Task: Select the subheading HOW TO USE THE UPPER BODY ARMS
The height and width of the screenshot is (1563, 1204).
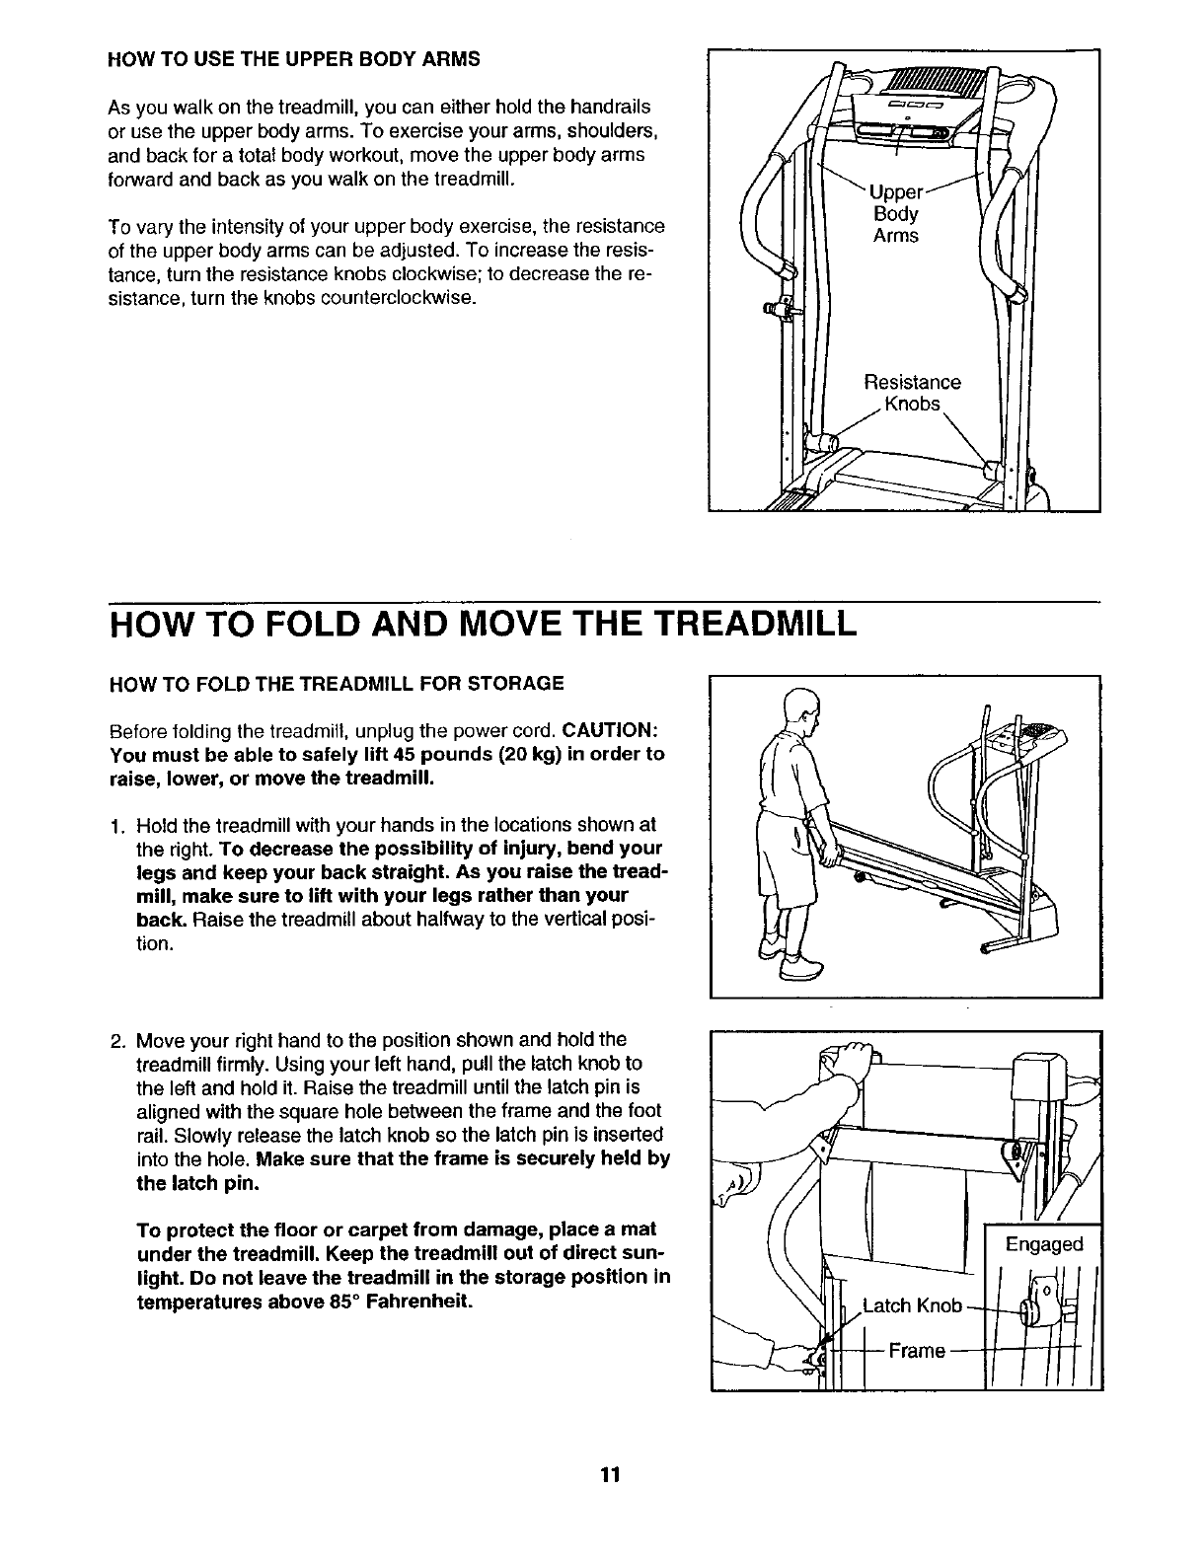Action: [293, 58]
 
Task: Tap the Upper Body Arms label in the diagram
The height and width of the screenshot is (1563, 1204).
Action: [895, 213]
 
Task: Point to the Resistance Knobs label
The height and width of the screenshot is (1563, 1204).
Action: [911, 393]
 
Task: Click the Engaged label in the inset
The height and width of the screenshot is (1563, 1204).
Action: [1043, 1243]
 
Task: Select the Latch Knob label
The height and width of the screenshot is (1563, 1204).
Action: [912, 1305]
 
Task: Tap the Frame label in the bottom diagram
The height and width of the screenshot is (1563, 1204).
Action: [917, 1350]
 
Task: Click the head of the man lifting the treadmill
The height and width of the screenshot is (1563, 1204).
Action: [800, 707]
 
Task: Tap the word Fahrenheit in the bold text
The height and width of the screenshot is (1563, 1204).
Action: [414, 1302]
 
